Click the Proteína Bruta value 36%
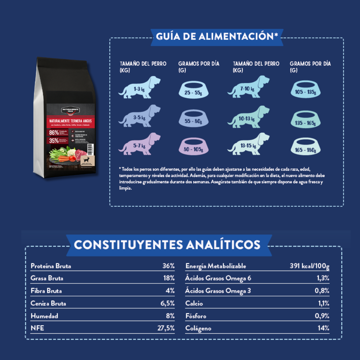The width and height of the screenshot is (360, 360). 168,266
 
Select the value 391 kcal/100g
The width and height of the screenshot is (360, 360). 310,266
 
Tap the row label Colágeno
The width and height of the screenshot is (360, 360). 198,328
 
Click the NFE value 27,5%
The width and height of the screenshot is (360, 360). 166,328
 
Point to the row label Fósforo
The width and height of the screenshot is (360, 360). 196,316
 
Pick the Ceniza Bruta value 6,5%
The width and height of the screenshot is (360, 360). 168,303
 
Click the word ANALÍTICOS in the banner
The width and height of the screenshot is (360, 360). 223,245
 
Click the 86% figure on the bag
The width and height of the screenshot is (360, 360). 54,133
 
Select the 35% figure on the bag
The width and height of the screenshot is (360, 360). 54,141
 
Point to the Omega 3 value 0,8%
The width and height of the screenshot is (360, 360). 322,291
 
